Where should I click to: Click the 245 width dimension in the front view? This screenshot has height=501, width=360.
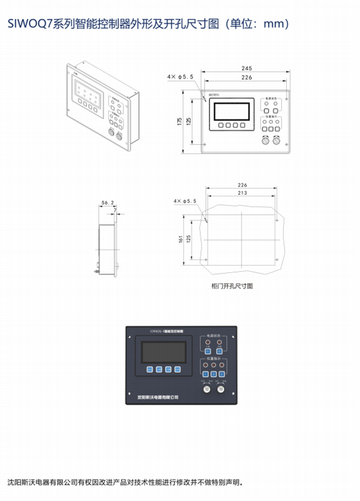[245, 68]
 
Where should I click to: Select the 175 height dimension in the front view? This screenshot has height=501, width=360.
[179, 121]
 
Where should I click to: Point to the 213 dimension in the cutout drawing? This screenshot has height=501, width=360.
[242, 194]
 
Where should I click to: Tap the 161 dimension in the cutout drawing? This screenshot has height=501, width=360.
[180, 239]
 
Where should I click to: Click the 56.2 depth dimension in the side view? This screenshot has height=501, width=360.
[108, 203]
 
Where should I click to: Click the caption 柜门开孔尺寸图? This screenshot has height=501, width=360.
[232, 286]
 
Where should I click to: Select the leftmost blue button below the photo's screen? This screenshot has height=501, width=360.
[150, 369]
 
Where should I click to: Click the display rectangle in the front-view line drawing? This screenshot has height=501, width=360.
[233, 110]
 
